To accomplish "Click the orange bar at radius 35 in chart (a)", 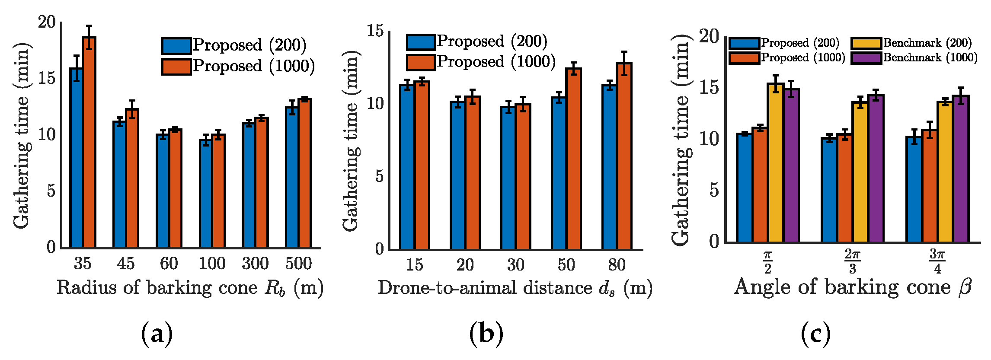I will [x=89, y=143].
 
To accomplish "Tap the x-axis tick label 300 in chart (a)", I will [x=255, y=263].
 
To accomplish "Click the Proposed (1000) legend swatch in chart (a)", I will [x=176, y=67].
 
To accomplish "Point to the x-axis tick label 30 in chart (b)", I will [x=515, y=264].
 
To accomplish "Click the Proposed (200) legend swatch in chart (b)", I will [x=421, y=42].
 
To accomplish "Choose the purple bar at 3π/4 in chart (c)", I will [x=960, y=169].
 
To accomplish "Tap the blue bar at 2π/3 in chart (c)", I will [x=829, y=190].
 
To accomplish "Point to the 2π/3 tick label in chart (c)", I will [x=852, y=261].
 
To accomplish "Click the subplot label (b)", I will [x=486, y=334].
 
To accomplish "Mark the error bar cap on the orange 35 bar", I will [x=89, y=26].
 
